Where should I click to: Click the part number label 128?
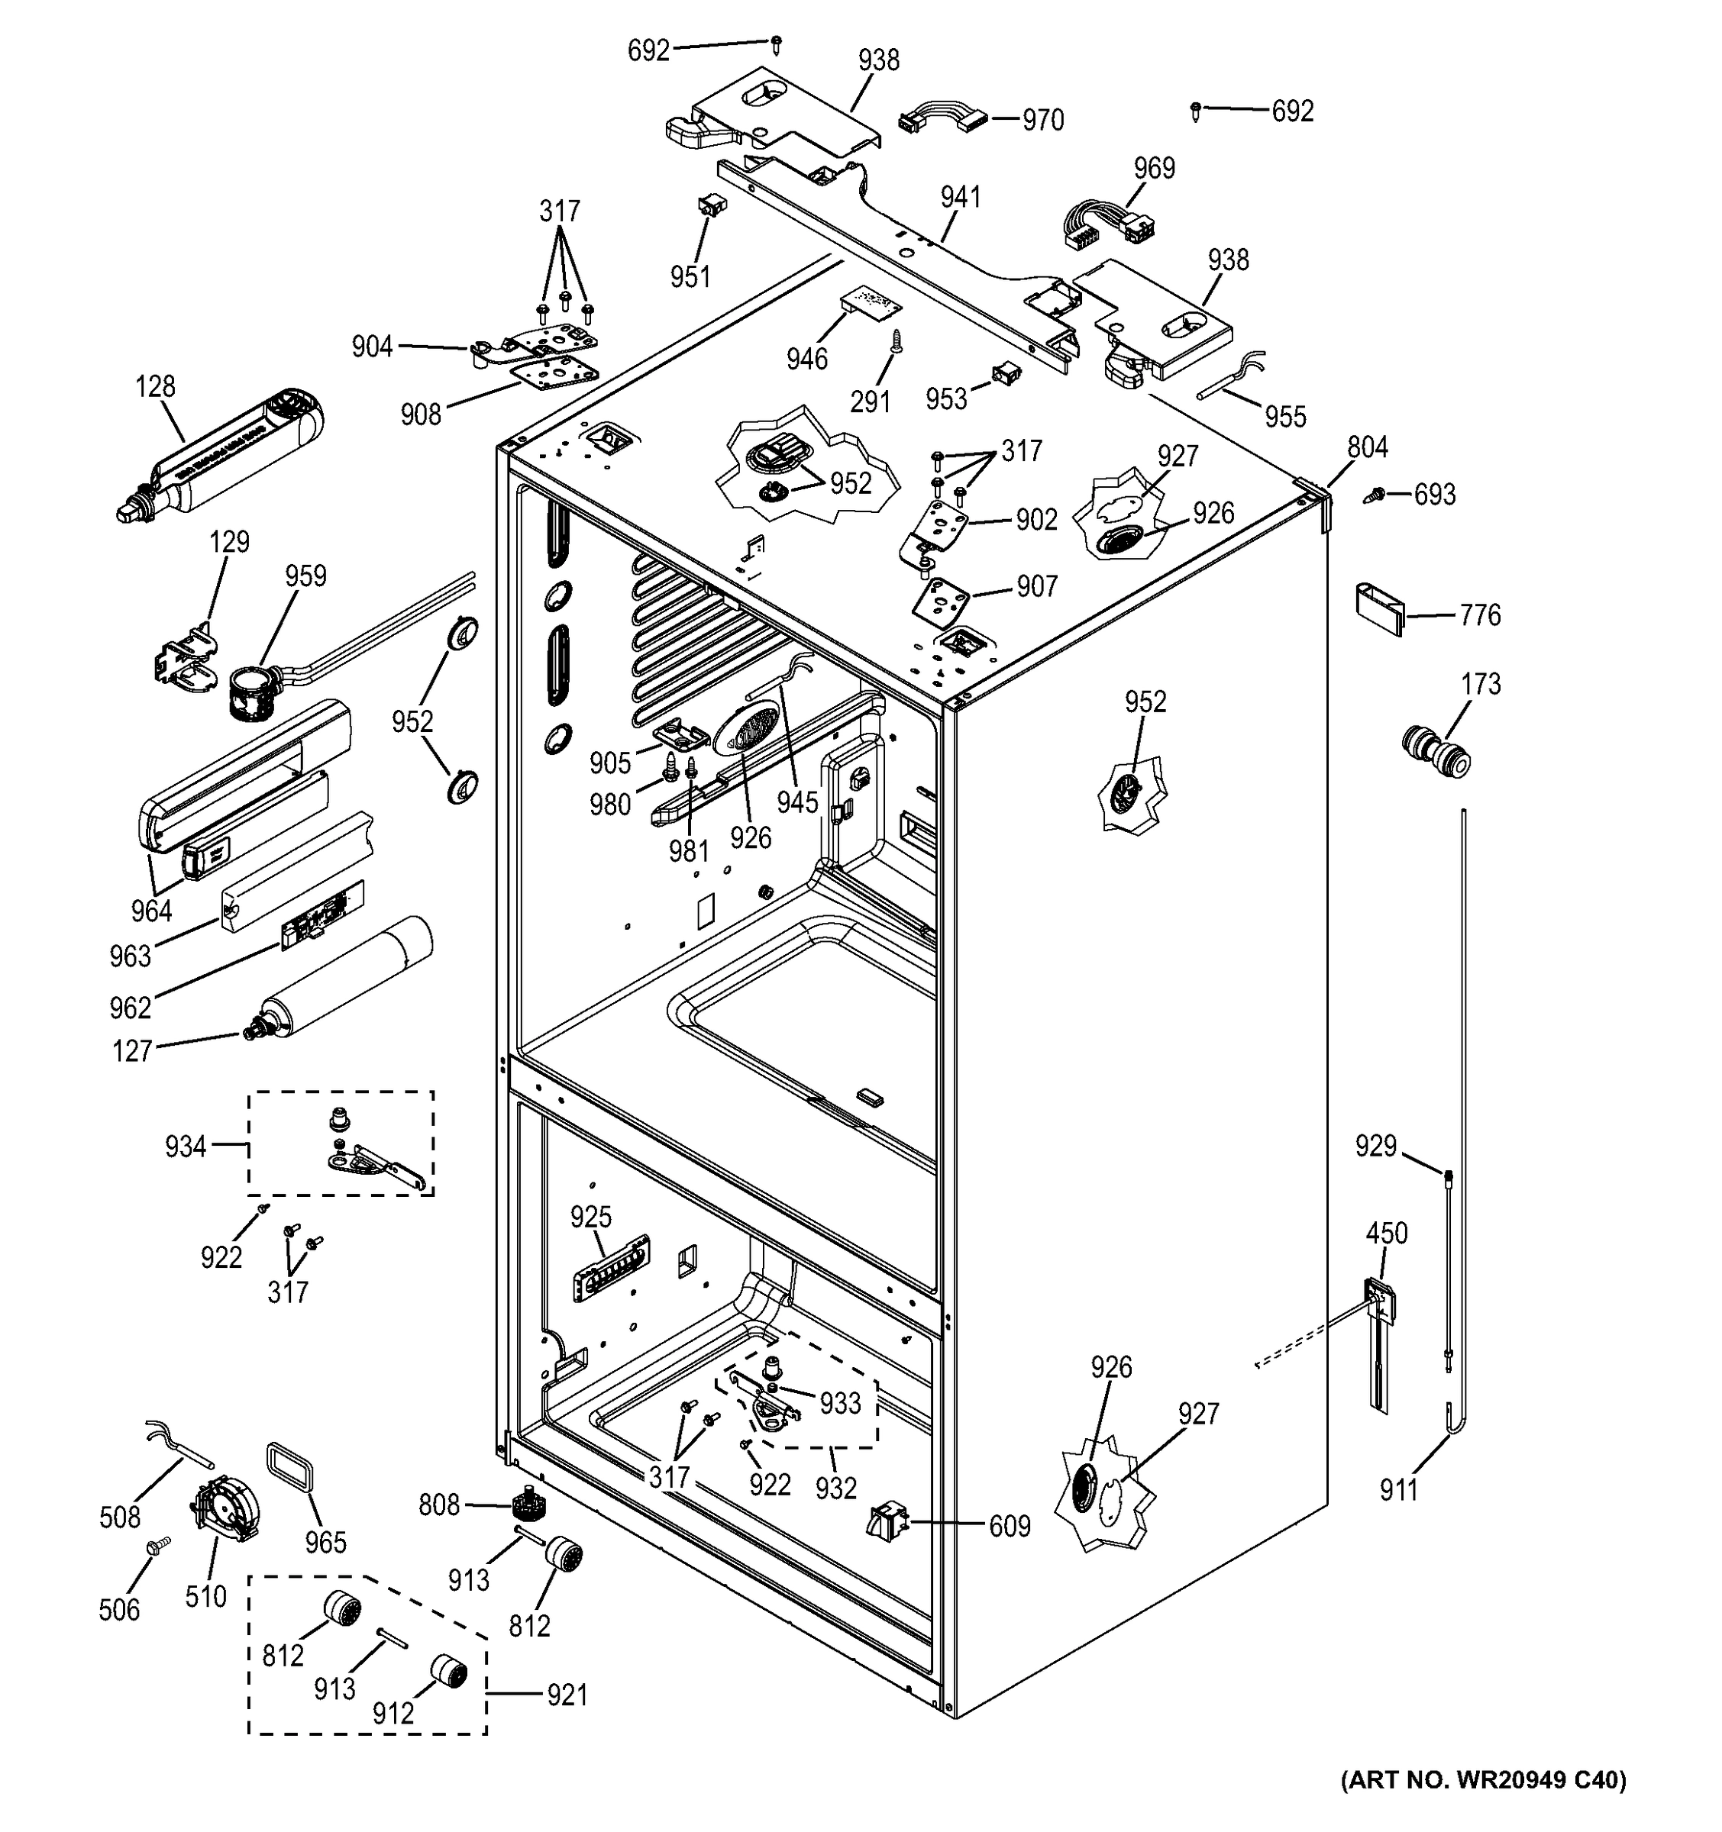[x=155, y=386]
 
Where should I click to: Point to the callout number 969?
[x=1154, y=168]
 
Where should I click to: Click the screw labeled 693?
[x=1374, y=495]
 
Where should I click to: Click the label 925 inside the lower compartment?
[x=590, y=1218]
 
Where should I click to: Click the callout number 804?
[x=1367, y=448]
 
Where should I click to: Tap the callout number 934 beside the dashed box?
[x=186, y=1147]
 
